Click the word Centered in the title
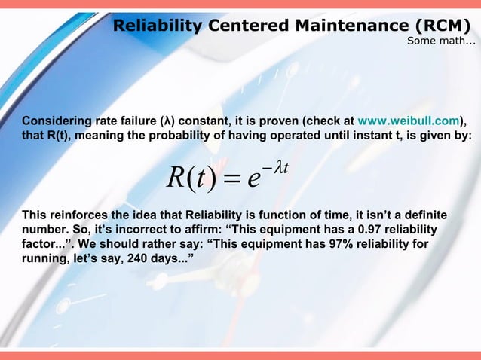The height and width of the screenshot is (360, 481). (243, 27)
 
